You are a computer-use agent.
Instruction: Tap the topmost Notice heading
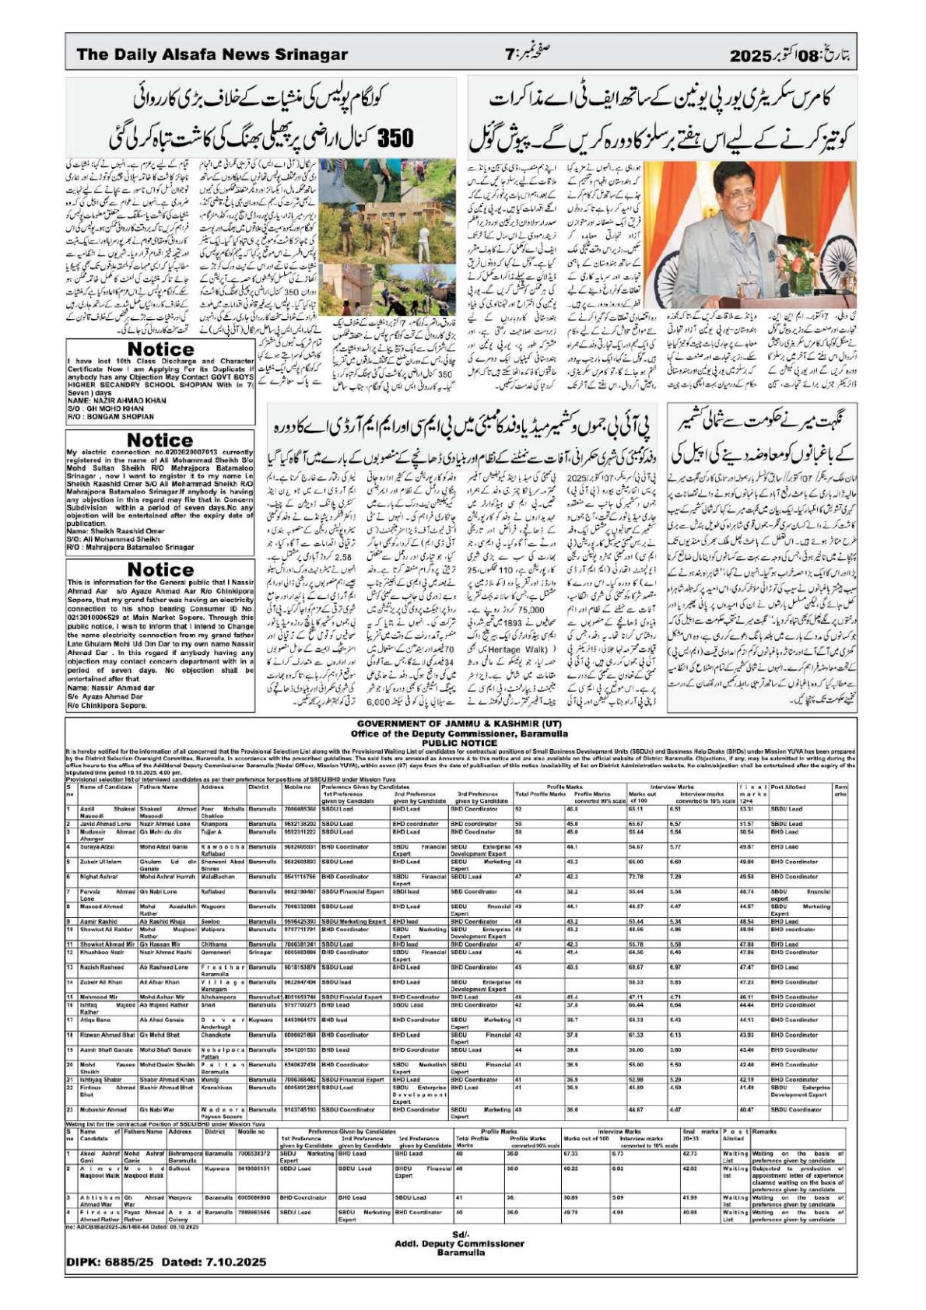coord(160,349)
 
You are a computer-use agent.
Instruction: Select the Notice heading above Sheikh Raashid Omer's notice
coord(160,440)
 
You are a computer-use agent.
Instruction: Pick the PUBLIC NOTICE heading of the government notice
coord(459,743)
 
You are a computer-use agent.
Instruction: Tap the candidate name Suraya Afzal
coord(96,846)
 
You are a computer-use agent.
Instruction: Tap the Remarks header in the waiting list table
coord(764,1131)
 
